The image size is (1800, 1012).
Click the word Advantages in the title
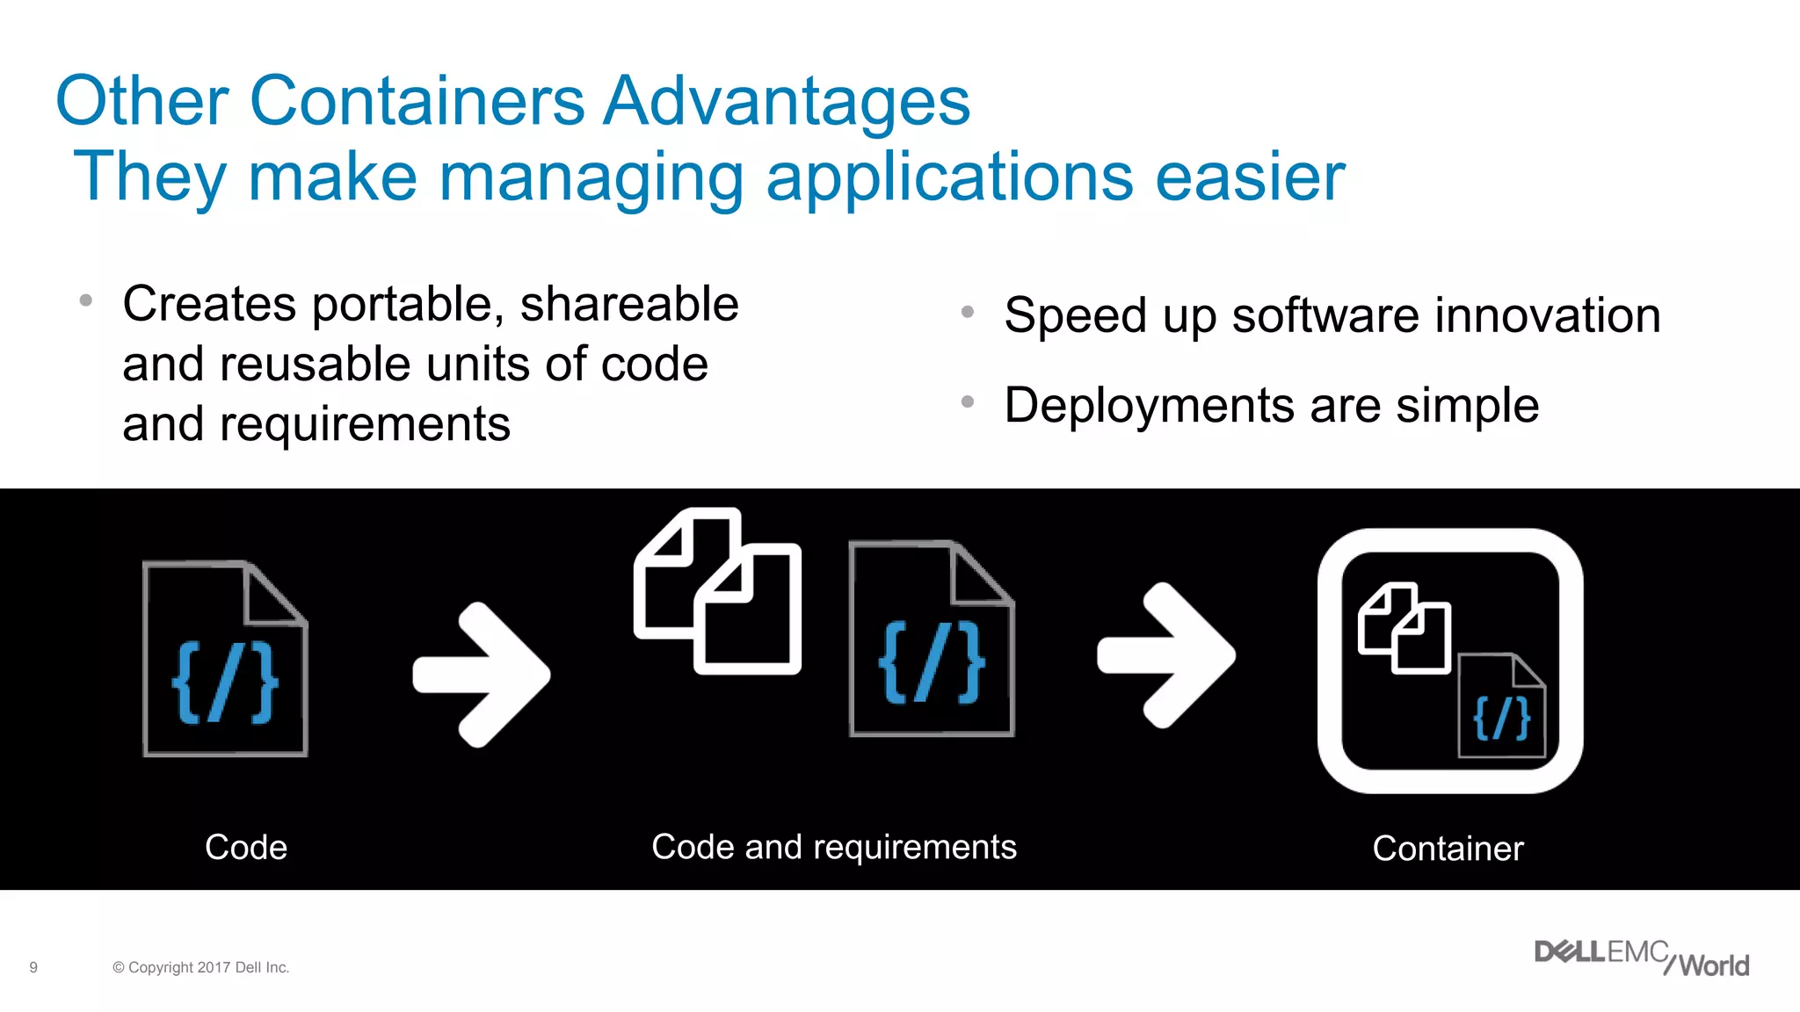[x=787, y=101]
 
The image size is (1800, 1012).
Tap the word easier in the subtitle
[x=1250, y=177]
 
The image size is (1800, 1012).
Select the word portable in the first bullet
[x=408, y=305]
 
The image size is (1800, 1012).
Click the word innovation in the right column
[x=1547, y=315]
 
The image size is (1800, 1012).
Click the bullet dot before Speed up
[x=968, y=312]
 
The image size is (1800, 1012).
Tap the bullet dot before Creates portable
[x=85, y=300]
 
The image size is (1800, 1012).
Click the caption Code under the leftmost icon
[x=246, y=848]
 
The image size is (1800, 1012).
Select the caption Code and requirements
[x=833, y=848]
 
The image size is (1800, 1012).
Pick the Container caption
[x=1448, y=849]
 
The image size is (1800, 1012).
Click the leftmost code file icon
[x=225, y=659]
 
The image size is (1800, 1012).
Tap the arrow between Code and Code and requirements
[x=482, y=675]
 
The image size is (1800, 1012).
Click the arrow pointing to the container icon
[x=1166, y=655]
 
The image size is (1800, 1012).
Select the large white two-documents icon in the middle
[x=717, y=590]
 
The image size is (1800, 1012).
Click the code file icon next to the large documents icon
[x=932, y=639]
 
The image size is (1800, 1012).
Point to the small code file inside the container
[x=1501, y=706]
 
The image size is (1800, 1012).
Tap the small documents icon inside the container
[x=1404, y=628]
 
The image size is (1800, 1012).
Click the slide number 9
[x=33, y=967]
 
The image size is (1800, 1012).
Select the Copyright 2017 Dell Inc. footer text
[x=201, y=967]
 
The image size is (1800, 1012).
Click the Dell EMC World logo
[x=1641, y=958]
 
